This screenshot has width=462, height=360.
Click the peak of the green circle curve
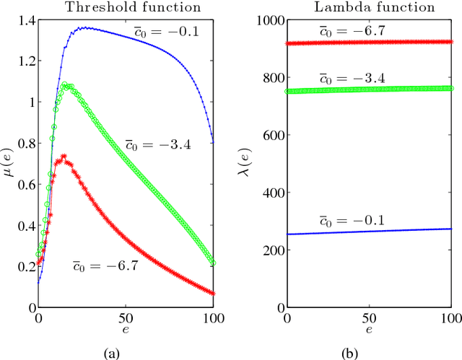click(64, 84)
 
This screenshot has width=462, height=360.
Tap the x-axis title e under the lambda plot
click(369, 330)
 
